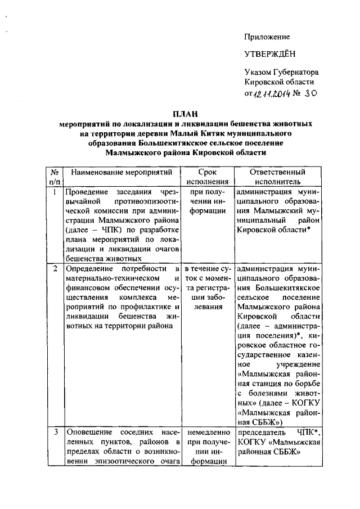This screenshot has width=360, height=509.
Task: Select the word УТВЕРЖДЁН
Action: coord(269,55)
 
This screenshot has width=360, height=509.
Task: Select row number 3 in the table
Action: coord(55,432)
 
